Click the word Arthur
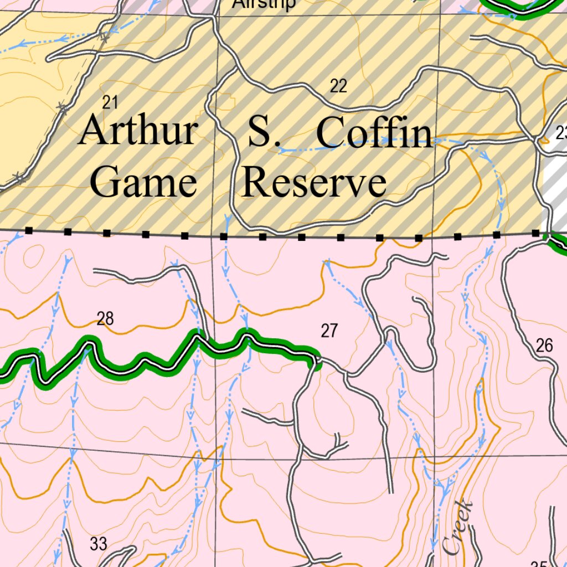coord(137,131)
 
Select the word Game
coord(143,182)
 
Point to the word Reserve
coord(314,183)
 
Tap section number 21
coord(111,102)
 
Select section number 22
coord(338,86)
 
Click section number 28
coord(105,318)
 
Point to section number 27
coord(329,331)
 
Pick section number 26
coord(544,346)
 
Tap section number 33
coord(98,544)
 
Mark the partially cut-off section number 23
coord(561,133)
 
